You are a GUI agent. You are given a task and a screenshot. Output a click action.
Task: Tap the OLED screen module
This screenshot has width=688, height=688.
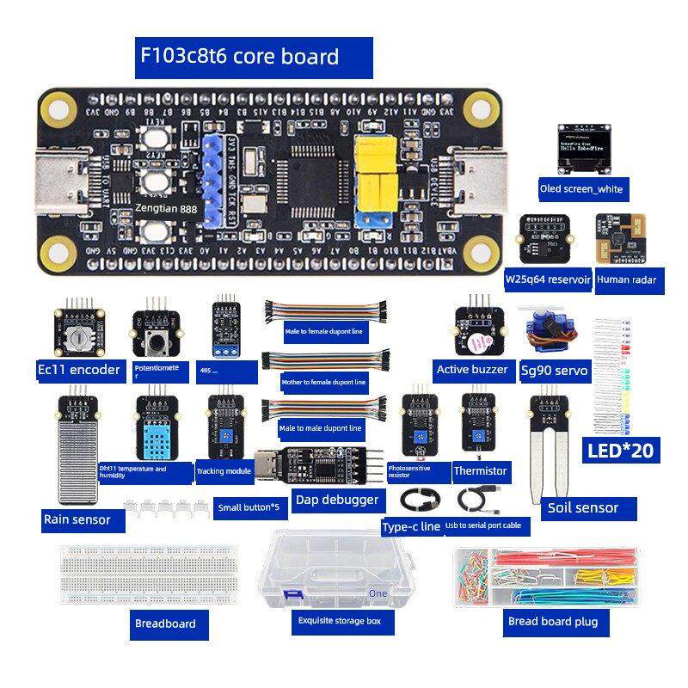(580, 146)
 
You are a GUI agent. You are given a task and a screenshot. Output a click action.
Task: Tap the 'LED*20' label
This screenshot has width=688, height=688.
(621, 450)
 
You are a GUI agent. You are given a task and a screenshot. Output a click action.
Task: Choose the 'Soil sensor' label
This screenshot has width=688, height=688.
(582, 508)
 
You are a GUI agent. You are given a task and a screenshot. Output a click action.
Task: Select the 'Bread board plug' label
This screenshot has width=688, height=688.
(551, 622)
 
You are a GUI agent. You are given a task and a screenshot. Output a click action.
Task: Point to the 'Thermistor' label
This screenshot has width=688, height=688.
(480, 471)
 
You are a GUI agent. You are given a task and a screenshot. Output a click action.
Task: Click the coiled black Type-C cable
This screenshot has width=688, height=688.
(421, 499)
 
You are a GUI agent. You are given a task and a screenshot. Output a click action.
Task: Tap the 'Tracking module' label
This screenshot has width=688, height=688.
(224, 471)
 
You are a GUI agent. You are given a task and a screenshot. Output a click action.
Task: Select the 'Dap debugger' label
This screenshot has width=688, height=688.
(336, 499)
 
